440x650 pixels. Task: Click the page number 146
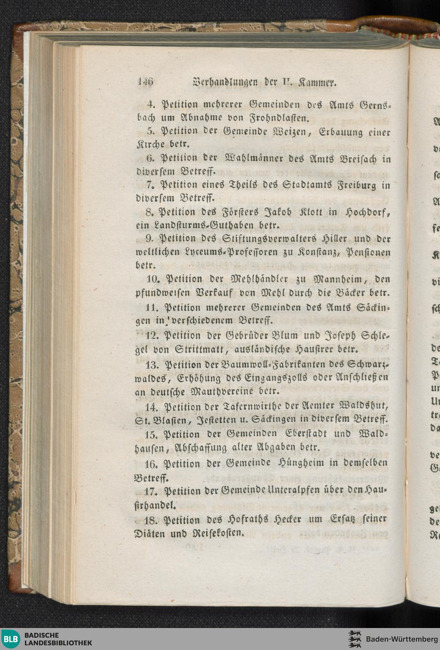click(x=145, y=82)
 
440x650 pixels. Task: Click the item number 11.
click(x=152, y=307)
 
